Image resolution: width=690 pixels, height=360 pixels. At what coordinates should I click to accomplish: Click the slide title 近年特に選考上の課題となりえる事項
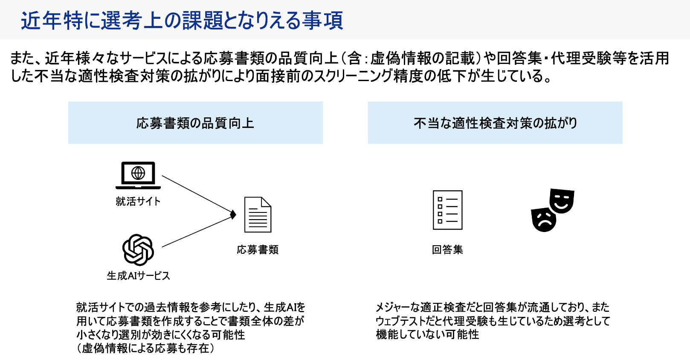pos(182,20)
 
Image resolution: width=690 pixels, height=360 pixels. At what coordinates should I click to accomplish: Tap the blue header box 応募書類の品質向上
pos(195,123)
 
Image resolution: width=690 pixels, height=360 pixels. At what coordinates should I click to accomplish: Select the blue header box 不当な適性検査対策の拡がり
pos(495,123)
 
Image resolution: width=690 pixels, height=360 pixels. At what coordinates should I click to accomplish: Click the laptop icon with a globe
pos(138,175)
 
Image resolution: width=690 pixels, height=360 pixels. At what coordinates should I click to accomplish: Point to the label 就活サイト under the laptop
pos(138,201)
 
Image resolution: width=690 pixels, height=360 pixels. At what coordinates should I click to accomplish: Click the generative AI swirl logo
pos(138,250)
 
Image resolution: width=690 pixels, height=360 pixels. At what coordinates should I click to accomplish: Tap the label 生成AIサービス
pos(138,276)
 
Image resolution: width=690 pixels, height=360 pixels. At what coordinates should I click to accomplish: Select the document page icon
pos(258,215)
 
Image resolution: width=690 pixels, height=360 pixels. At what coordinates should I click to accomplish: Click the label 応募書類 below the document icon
pos(258,250)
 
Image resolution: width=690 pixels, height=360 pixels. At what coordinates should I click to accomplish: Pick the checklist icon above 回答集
pos(447,210)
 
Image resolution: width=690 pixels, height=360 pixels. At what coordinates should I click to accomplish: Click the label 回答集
pos(447,250)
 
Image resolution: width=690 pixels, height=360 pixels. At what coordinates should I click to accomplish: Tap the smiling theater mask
pos(562,200)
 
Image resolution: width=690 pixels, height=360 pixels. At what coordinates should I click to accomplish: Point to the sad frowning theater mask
pos(544,219)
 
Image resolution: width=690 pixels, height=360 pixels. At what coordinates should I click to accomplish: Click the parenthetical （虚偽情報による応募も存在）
pos(145,348)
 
